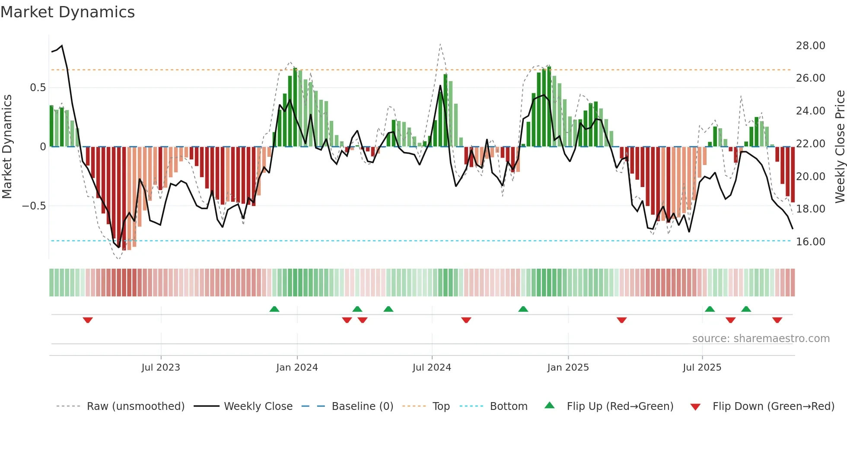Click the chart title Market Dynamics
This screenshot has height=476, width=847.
click(x=68, y=12)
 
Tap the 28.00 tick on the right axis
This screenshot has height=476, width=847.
click(x=810, y=46)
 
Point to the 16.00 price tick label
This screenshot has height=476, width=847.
click(x=810, y=242)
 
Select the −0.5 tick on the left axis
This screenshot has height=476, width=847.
click(x=34, y=206)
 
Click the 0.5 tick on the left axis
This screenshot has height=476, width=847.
click(x=38, y=88)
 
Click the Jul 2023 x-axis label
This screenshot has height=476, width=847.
click(x=161, y=368)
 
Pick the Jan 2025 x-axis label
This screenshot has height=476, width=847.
click(x=568, y=368)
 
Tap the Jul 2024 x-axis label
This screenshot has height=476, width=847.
click(x=432, y=368)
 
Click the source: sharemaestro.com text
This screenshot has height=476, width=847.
click(x=761, y=339)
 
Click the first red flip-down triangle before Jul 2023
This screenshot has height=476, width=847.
click(x=88, y=320)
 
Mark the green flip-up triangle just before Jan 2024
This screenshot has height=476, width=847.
click(x=274, y=309)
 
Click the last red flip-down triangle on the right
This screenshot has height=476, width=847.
click(x=777, y=320)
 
